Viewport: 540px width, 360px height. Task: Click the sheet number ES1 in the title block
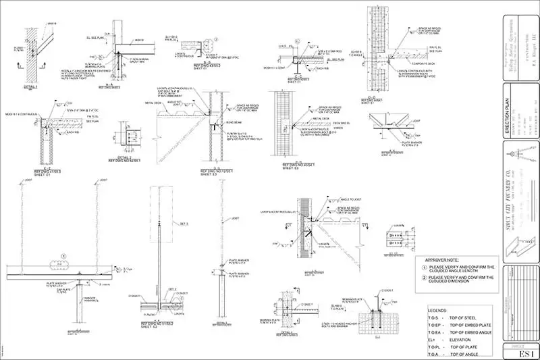click(x=521, y=351)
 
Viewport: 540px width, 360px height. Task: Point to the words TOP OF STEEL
click(x=468, y=317)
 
